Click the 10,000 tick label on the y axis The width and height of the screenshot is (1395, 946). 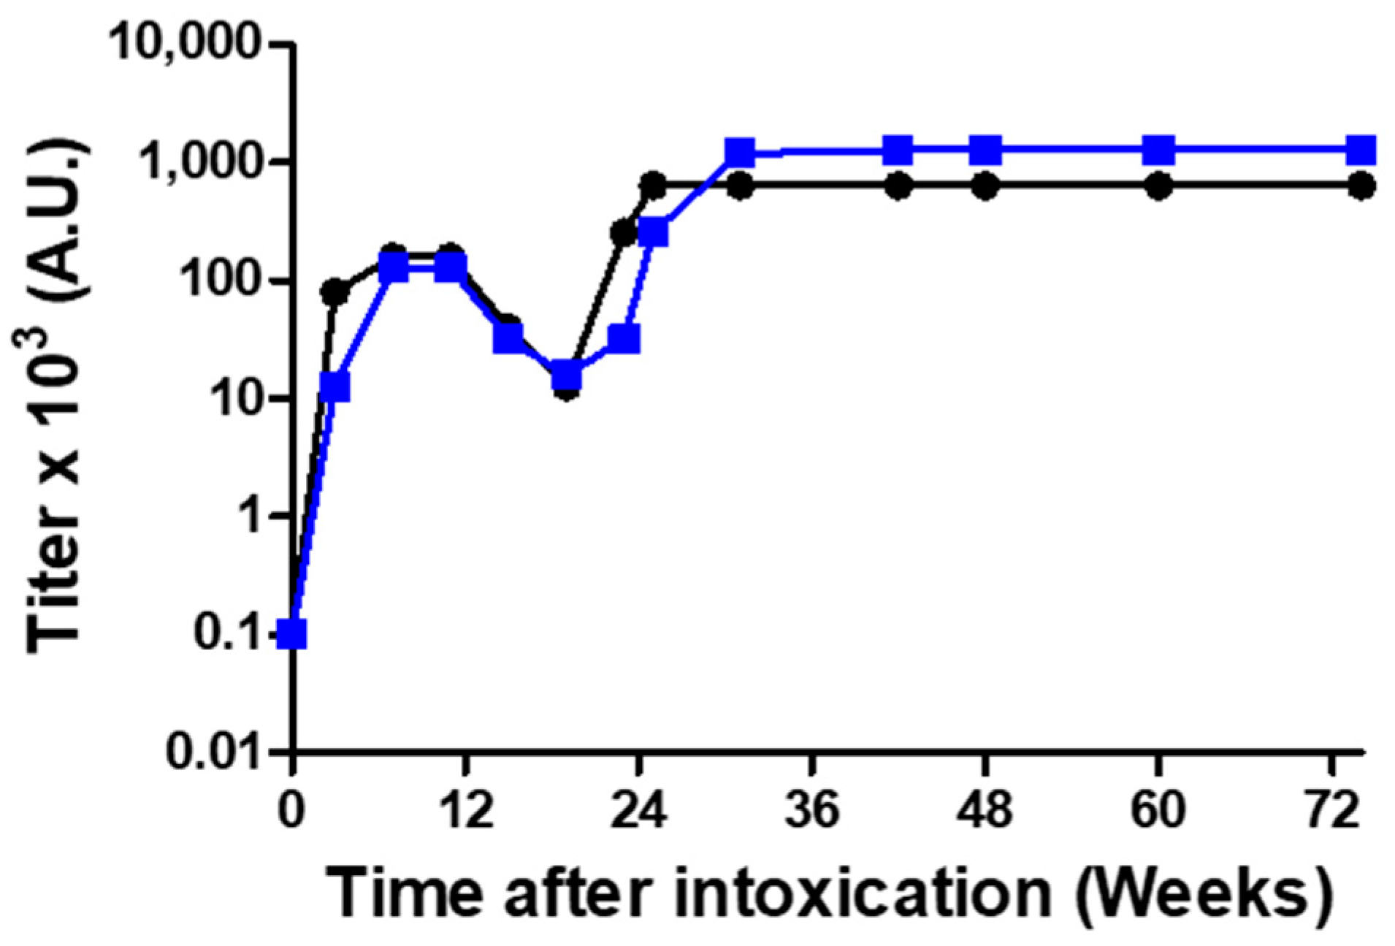(185, 44)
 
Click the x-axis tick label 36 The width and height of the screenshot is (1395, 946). (812, 810)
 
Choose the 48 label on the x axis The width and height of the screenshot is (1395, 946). (985, 810)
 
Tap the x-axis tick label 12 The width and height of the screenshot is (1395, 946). (465, 810)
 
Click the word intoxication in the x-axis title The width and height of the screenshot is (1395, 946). (862, 893)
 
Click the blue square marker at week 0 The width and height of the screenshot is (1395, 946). (292, 633)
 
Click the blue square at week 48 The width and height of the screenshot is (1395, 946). (985, 150)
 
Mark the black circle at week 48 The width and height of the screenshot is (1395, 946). (985, 186)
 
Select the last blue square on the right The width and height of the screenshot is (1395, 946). (1361, 150)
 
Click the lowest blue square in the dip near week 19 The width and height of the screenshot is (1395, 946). (567, 376)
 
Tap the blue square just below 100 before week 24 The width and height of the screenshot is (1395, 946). (624, 339)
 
